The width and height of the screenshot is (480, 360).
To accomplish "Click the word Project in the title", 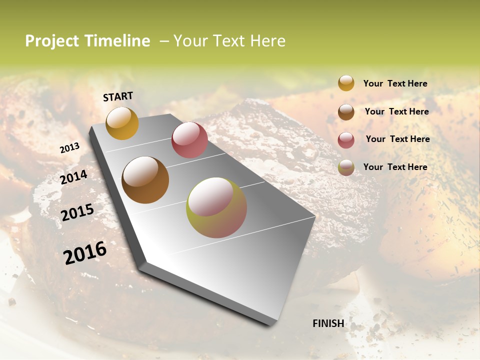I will pos(52,41).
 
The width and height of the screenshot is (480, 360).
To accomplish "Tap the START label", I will pos(118,96).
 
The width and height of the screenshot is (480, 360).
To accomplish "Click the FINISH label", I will pos(328,323).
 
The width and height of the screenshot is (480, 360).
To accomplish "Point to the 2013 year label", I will pos(69,148).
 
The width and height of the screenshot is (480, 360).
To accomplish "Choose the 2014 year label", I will pos(74,177).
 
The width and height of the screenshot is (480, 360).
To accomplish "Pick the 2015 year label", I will pos(77,212).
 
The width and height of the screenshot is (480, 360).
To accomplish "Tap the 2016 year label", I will pos(85,253).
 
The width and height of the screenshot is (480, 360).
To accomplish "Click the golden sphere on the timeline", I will pos(122,123).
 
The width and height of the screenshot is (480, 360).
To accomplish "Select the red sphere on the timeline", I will pos(189,140).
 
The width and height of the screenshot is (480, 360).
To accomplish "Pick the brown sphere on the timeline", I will pos(145,180).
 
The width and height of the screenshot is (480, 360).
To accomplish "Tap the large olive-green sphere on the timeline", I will pos(216,207).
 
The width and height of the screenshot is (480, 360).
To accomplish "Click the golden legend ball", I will pos(346,83).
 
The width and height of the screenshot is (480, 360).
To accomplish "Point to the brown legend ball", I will pos(346,112).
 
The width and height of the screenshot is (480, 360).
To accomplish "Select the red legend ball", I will pos(346,140).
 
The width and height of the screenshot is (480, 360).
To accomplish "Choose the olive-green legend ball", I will pos(346,167).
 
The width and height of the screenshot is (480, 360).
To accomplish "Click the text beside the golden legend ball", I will pos(395,84).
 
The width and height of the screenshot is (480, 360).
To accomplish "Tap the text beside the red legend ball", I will pos(397,139).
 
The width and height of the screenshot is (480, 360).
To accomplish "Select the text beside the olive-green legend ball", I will pos(395,167).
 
